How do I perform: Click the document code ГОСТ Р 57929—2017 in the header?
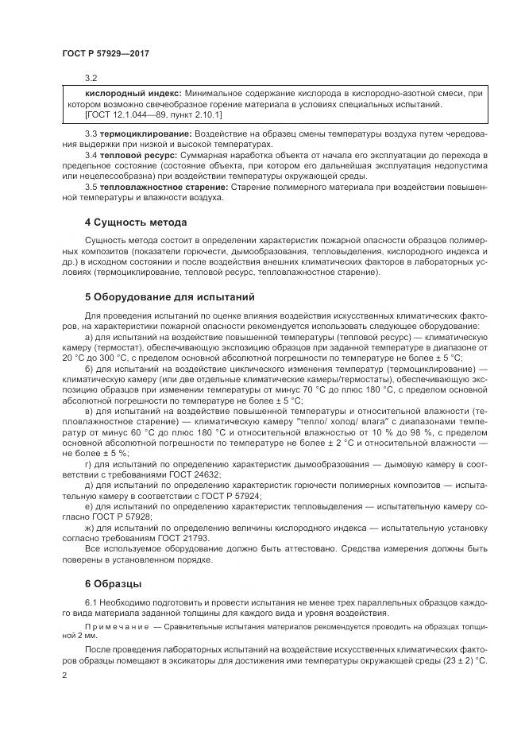point(105,54)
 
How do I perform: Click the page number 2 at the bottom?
point(64,674)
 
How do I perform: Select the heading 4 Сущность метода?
point(136,222)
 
